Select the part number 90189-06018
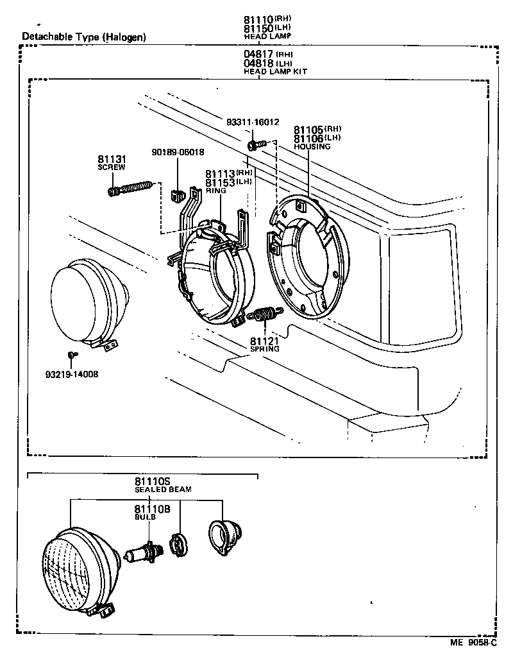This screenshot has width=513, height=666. coord(178,152)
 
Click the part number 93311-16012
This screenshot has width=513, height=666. coord(253,122)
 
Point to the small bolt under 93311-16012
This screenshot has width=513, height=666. coord(256,145)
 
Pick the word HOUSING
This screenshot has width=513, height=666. coord(312,147)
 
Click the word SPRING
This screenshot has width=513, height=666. coord(264,349)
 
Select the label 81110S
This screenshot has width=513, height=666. coord(152,481)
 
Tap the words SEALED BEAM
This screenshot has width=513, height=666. coord(163,490)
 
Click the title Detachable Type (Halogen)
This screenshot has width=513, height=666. coord(84,37)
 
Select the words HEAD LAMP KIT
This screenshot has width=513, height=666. coord(275,72)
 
